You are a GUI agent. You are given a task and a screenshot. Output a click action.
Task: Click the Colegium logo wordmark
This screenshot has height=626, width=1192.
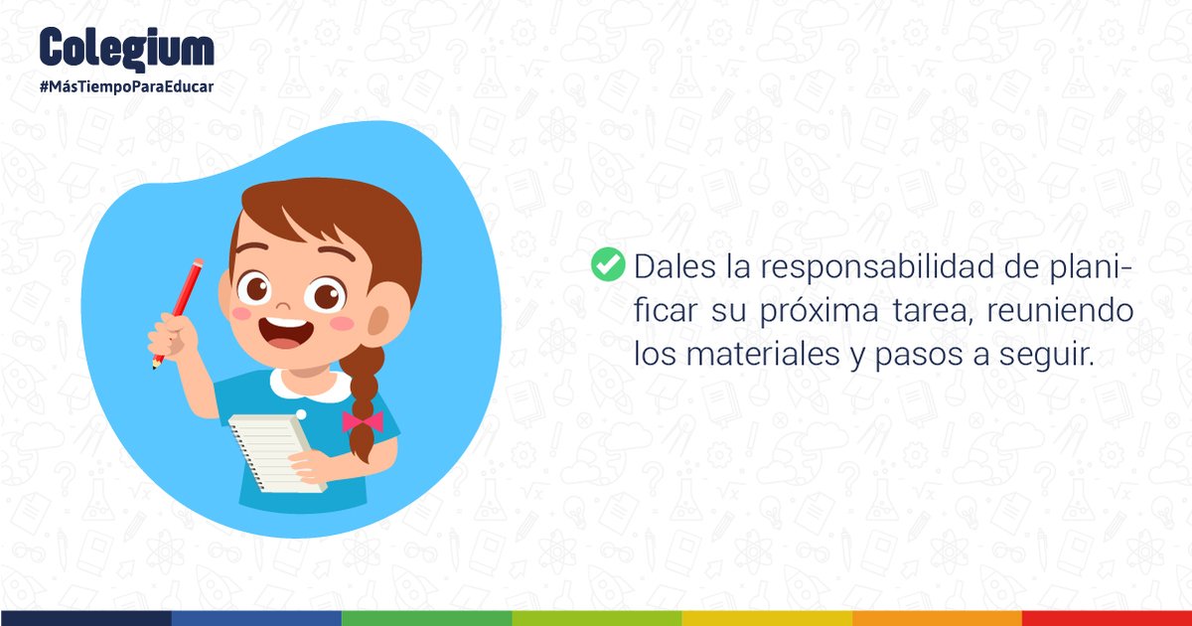point(126,47)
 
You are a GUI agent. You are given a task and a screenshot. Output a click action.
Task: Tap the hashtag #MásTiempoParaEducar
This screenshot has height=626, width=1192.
point(126,86)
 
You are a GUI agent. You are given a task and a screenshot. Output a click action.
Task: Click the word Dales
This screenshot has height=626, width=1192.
point(672,267)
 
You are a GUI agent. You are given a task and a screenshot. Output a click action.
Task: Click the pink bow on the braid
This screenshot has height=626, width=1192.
point(363,420)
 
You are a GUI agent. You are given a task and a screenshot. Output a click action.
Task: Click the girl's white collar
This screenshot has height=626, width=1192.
point(314,383)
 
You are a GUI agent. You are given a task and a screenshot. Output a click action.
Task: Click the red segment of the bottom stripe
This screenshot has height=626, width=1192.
point(1107,618)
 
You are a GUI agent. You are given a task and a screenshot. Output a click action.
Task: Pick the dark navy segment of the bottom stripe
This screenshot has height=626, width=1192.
point(85,618)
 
